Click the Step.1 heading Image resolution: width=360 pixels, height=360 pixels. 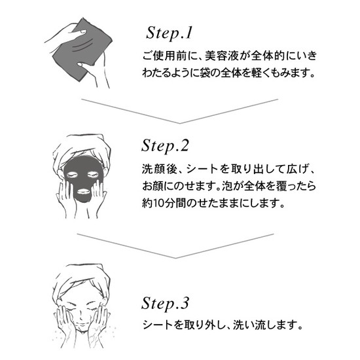coord(169,33)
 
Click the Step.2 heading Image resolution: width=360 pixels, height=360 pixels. coord(166,146)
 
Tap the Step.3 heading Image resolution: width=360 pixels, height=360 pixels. coord(166,304)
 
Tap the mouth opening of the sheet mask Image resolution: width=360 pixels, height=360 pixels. coord(82,191)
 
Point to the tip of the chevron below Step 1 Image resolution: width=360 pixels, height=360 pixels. coord(180,123)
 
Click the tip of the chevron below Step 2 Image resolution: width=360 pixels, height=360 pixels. coord(175,258)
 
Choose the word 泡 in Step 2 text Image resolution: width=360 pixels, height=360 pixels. coord(227,186)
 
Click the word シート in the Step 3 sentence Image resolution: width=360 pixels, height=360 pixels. coord(158,325)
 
